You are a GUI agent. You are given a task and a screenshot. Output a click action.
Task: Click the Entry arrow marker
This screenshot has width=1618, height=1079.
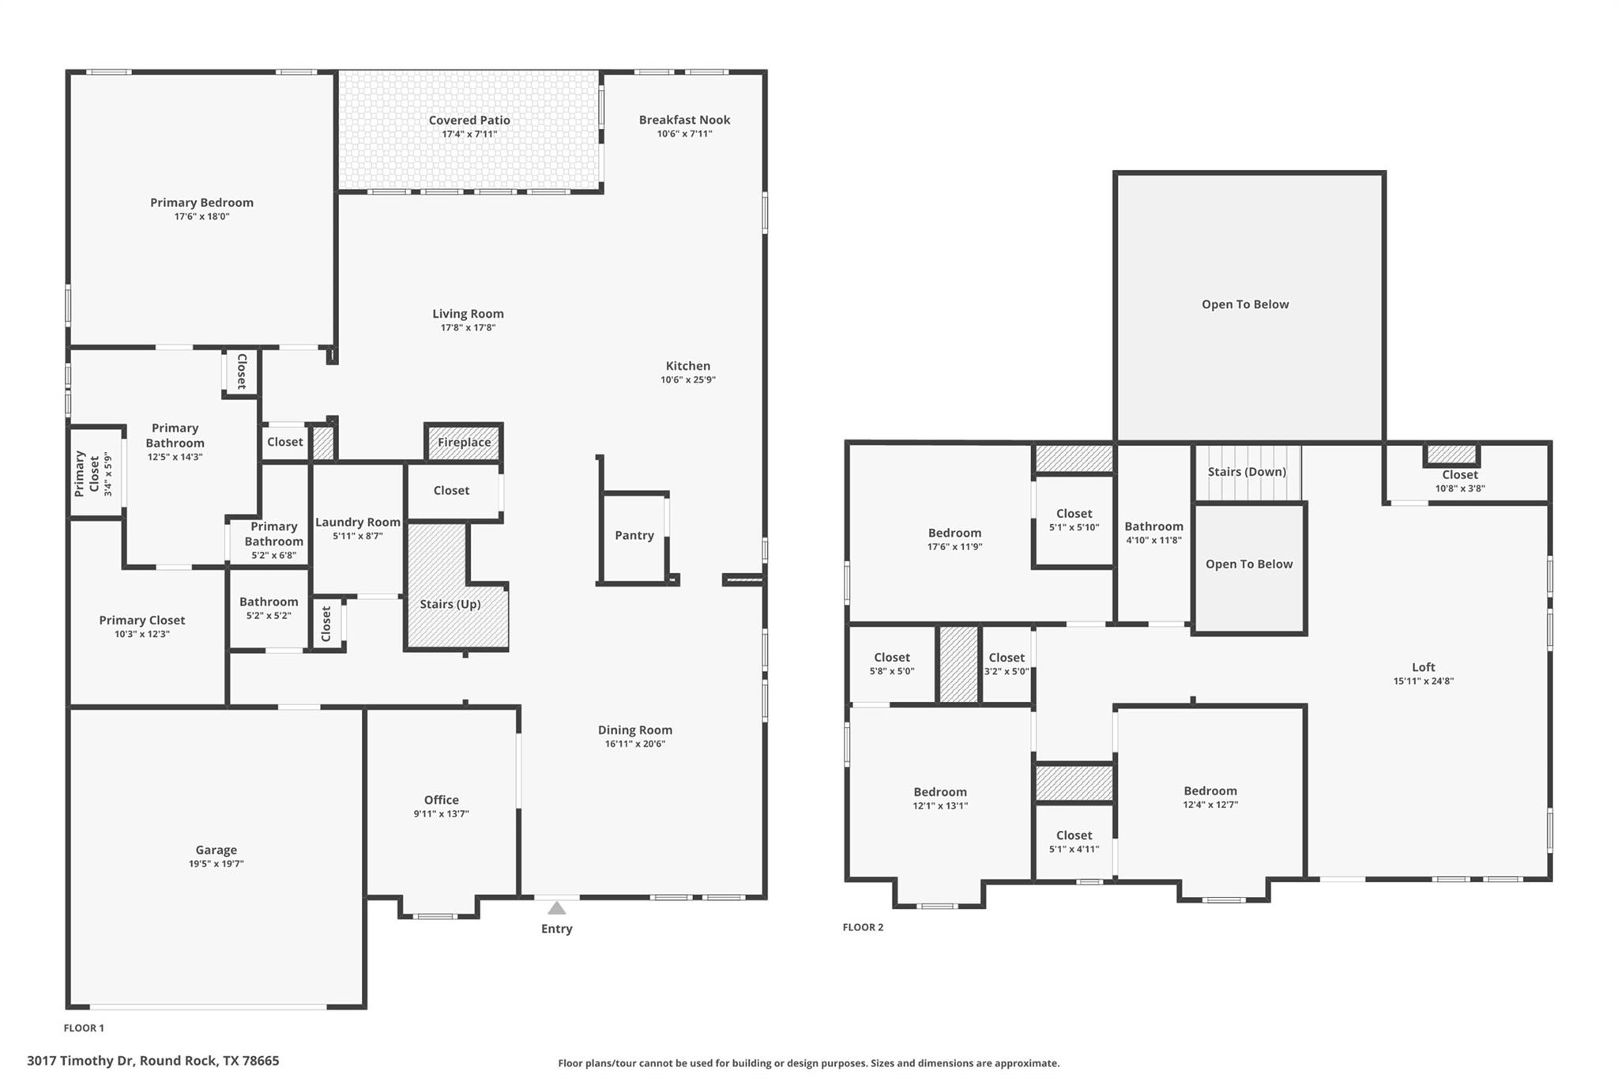point(556,908)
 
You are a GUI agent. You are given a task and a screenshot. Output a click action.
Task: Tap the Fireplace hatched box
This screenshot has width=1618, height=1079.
point(464,443)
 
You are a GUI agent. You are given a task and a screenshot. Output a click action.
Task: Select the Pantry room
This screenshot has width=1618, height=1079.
point(634,536)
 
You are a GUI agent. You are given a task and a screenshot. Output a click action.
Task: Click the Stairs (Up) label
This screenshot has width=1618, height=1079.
point(450,605)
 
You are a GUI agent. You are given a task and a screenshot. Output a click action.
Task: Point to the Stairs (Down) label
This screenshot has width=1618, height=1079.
point(1247,472)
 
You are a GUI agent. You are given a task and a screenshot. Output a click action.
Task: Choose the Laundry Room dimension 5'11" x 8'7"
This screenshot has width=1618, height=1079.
point(358,536)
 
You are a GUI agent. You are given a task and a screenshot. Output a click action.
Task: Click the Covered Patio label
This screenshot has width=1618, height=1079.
point(469,120)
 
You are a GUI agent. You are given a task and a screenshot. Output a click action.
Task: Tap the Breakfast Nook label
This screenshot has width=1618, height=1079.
point(684,120)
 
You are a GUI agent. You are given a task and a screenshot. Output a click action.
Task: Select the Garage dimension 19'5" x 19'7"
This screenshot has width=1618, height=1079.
point(216,864)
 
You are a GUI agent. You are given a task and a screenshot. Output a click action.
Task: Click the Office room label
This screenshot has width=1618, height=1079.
point(441,800)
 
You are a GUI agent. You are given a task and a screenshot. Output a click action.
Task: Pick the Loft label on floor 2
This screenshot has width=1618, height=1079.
point(1423,667)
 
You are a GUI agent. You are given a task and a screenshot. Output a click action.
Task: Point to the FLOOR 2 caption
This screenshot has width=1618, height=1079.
point(863,927)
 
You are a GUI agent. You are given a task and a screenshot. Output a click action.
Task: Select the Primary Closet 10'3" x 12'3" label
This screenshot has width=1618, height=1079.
point(142,621)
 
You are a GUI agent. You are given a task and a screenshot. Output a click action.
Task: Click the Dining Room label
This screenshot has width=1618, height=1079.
point(634,730)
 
